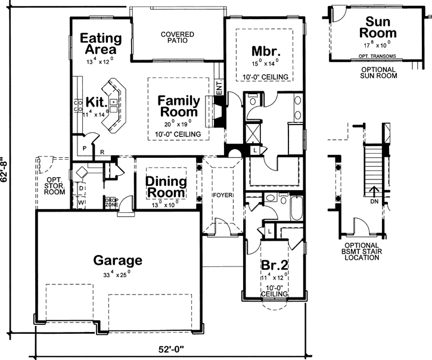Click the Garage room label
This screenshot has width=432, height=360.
pyautogui.click(x=118, y=260)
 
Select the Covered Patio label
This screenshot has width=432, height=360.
pyautogui.click(x=178, y=38)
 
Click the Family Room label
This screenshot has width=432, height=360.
pyautogui.click(x=178, y=106)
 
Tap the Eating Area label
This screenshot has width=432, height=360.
pyautogui.click(x=101, y=44)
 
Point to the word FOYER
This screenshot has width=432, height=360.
pyautogui.click(x=223, y=195)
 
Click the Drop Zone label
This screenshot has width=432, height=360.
pyautogui.click(x=111, y=202)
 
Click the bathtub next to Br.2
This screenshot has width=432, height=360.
pyautogui.click(x=296, y=210)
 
